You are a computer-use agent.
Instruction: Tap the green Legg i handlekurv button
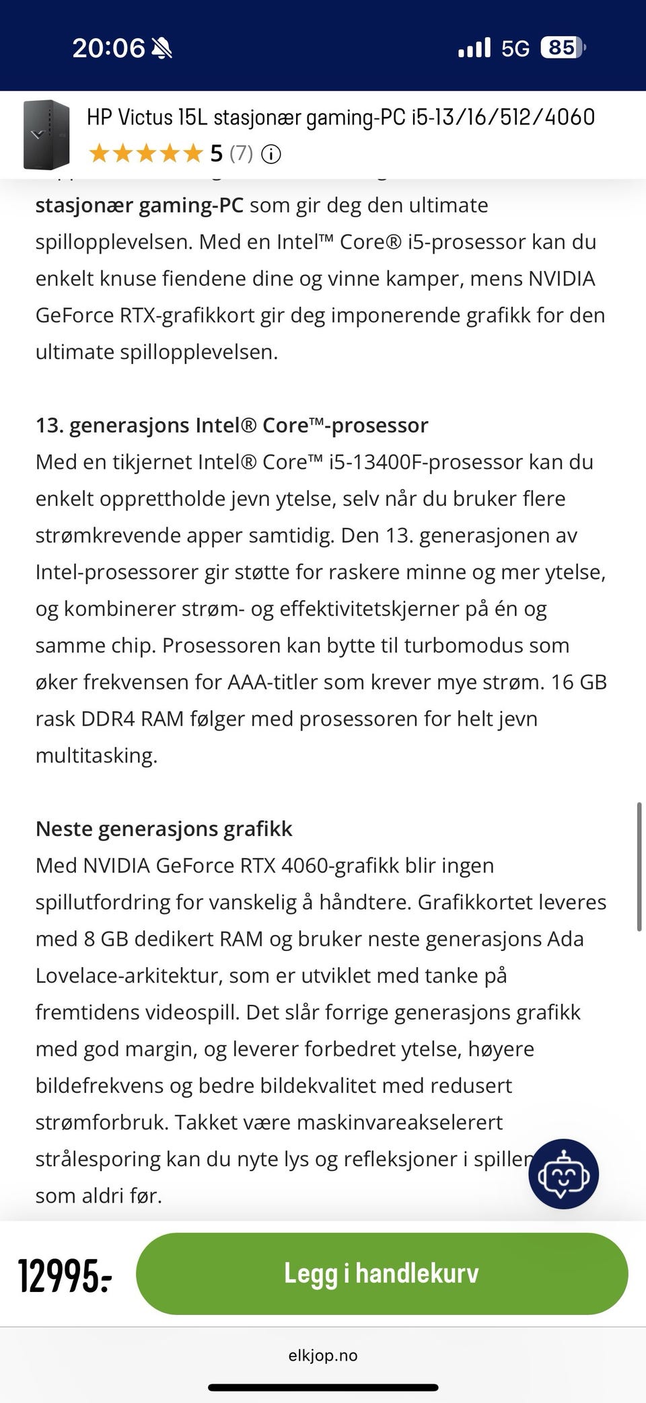[x=382, y=1273]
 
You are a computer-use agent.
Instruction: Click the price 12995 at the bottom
[x=65, y=1275]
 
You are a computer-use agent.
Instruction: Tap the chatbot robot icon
[x=563, y=1174]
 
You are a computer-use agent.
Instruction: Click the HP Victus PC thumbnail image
[x=46, y=135]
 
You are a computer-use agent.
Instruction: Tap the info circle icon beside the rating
[x=271, y=154]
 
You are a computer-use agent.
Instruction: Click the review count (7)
[x=241, y=153]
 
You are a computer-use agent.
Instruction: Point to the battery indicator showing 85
[x=563, y=47]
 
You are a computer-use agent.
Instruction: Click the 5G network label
[x=515, y=48]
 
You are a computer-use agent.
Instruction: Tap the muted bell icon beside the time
[x=161, y=48]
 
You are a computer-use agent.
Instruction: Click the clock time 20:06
[x=108, y=48]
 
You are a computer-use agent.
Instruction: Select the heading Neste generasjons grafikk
[x=164, y=829]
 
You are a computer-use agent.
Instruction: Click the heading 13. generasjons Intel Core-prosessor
[x=231, y=425]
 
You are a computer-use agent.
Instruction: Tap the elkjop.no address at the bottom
[x=322, y=1355]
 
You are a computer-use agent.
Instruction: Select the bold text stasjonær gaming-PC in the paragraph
[x=139, y=205]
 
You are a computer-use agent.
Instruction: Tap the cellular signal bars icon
[x=474, y=48]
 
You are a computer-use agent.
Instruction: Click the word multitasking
[x=96, y=755]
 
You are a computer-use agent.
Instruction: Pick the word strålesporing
[x=98, y=1159]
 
